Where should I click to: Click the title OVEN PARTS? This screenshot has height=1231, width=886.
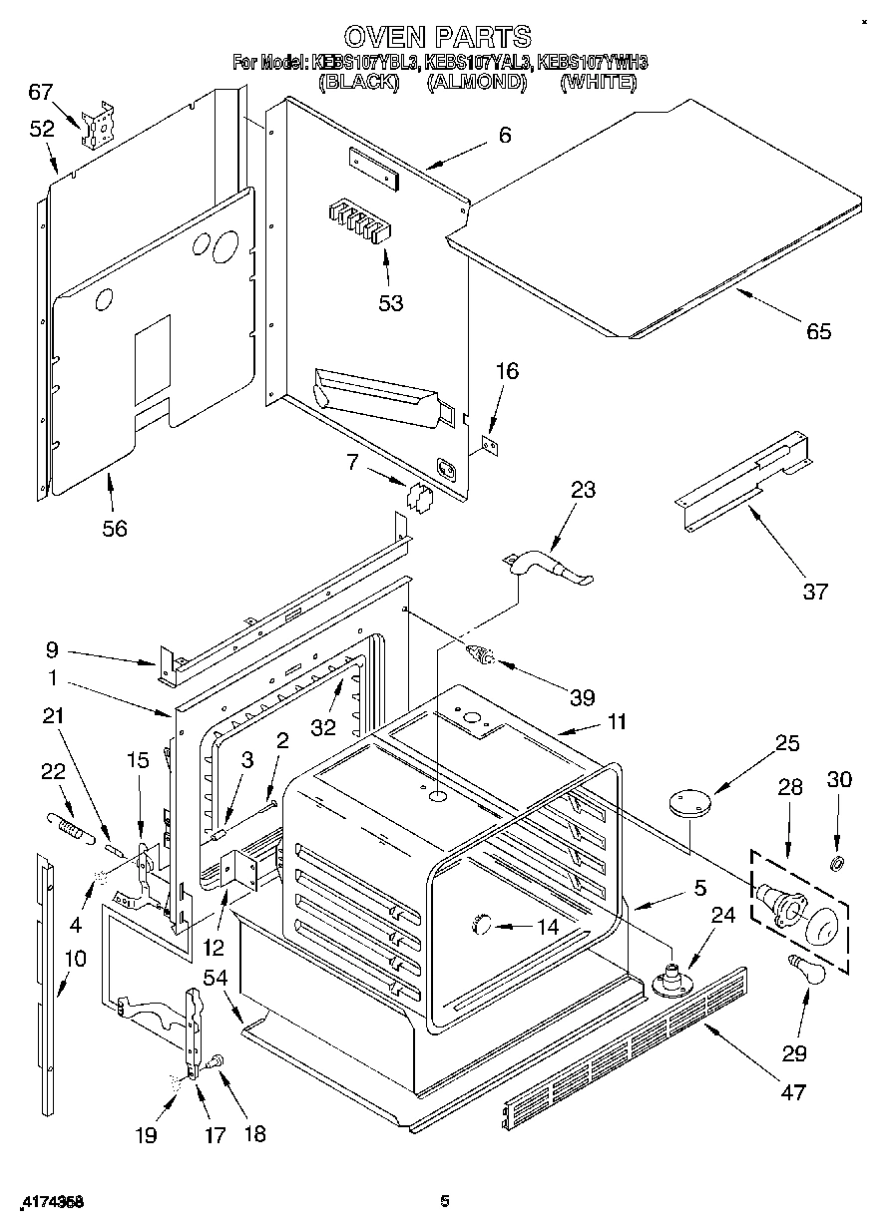(x=438, y=38)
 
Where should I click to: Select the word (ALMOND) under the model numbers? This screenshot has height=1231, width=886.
(x=476, y=83)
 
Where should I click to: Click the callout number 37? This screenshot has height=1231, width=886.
(x=815, y=592)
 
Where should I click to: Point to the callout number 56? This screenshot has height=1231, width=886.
(x=115, y=528)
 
